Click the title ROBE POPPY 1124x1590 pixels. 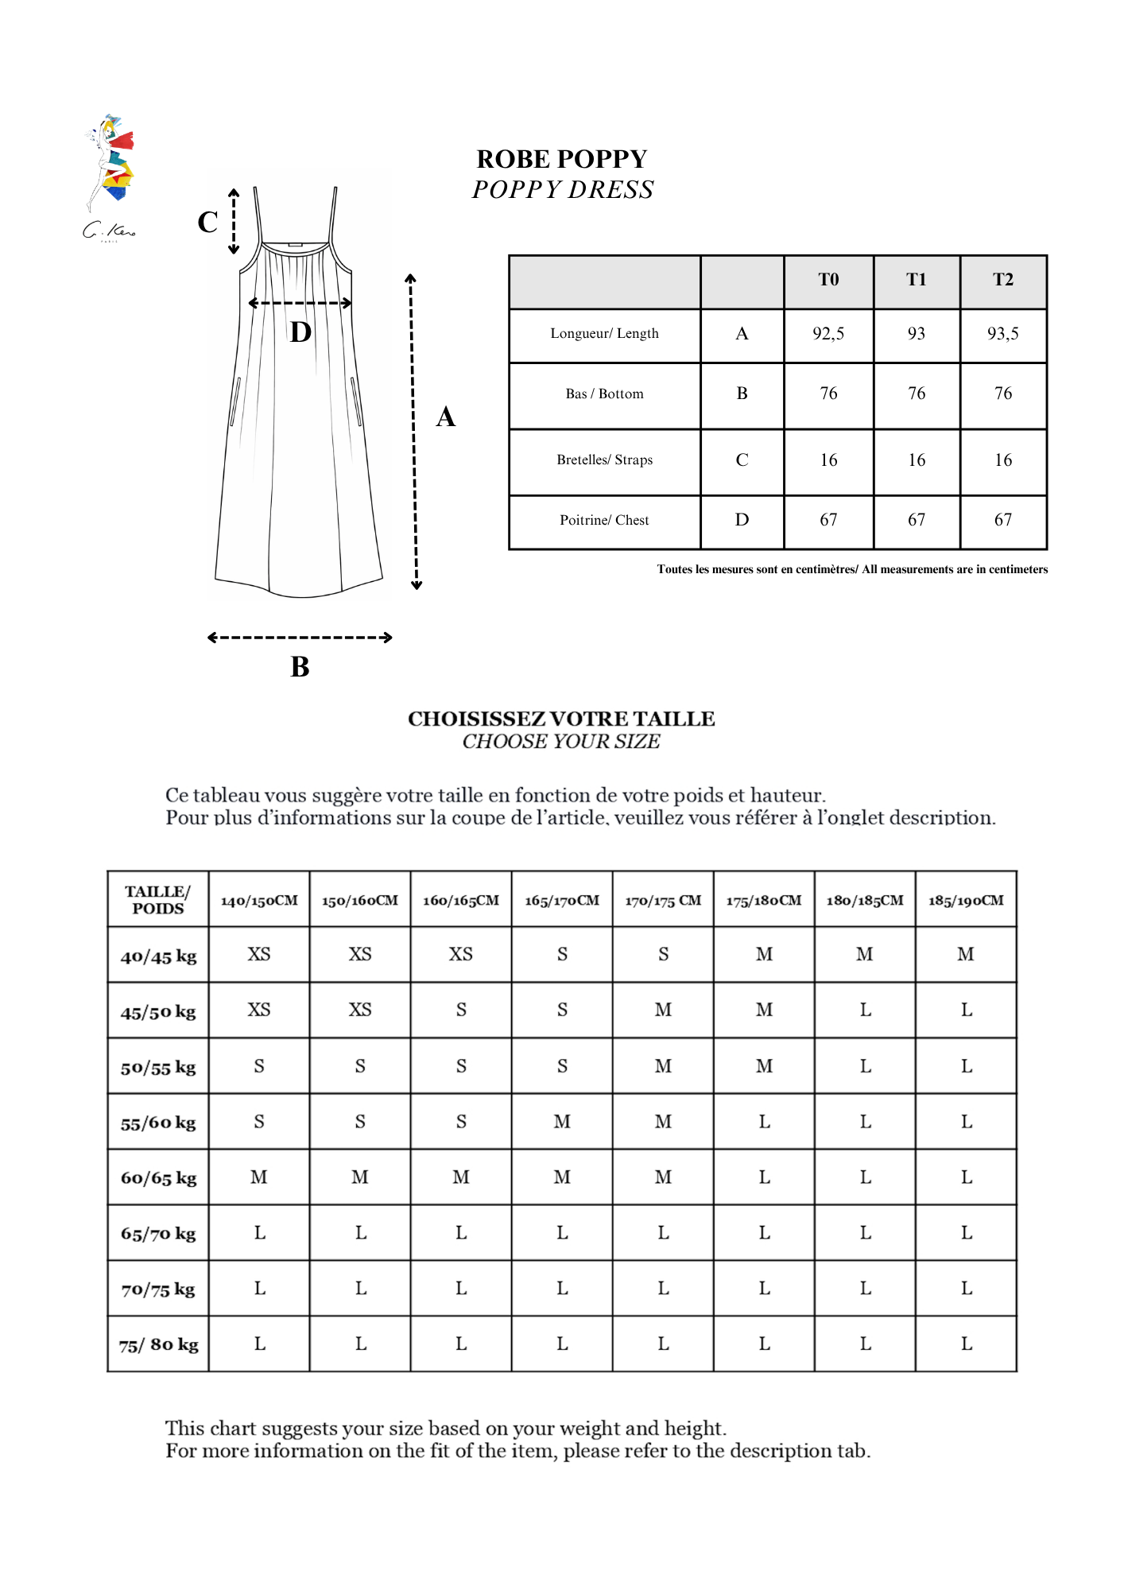pyautogui.click(x=561, y=159)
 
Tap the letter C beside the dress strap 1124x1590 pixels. pyautogui.click(x=207, y=222)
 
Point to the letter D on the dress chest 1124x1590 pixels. pyautogui.click(x=300, y=332)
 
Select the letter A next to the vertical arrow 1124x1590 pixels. pyautogui.click(x=446, y=417)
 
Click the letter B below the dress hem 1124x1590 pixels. pyautogui.click(x=300, y=666)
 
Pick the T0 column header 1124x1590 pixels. pyautogui.click(x=828, y=280)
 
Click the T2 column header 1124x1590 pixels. pyautogui.click(x=1003, y=280)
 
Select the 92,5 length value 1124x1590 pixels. pyautogui.click(x=828, y=334)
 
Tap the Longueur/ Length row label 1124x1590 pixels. pyautogui.click(x=604, y=334)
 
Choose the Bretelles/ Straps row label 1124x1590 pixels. pyautogui.click(x=604, y=460)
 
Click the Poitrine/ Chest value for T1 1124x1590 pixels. pyautogui.click(x=917, y=520)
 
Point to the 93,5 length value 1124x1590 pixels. pyautogui.click(x=1003, y=334)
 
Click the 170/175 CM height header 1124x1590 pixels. pyautogui.click(x=663, y=901)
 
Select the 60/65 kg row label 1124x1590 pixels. pyautogui.click(x=158, y=1178)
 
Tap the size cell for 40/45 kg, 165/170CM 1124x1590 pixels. pyautogui.click(x=562, y=955)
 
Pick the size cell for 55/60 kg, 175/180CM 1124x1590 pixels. pyautogui.click(x=764, y=1122)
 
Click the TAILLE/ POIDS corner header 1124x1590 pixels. pyautogui.click(x=158, y=900)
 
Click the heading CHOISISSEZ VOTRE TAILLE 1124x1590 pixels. pyautogui.click(x=561, y=719)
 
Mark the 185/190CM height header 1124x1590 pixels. pyautogui.click(x=966, y=901)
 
